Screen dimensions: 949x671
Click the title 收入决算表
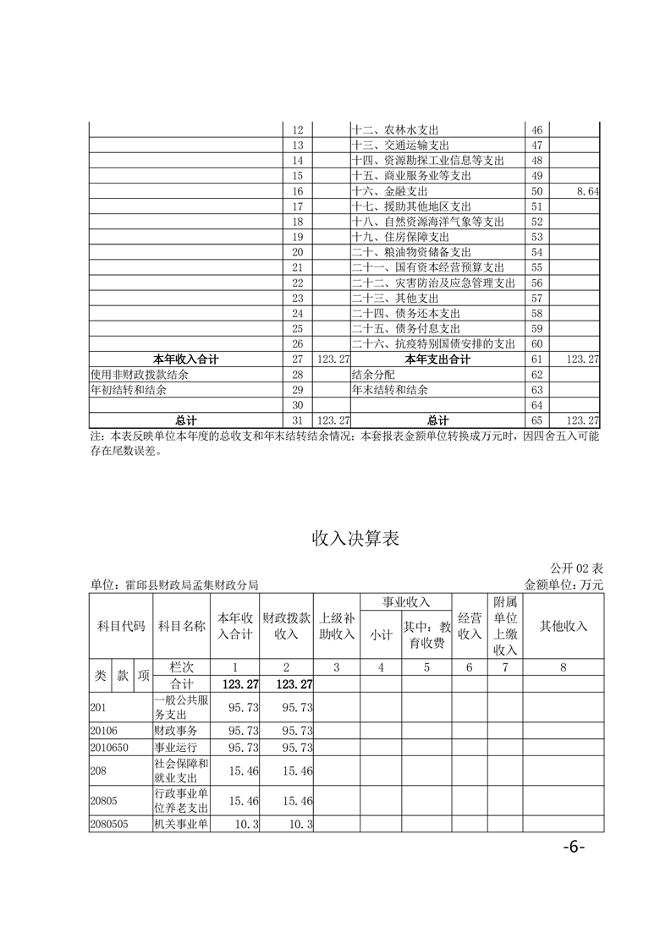[x=355, y=538]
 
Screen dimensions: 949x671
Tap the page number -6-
[x=572, y=848]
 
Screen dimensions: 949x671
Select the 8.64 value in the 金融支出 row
[x=586, y=192]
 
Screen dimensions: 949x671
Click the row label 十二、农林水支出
[x=394, y=130]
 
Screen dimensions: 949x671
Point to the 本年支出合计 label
[x=437, y=359]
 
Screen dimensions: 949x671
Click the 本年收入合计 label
[x=185, y=359]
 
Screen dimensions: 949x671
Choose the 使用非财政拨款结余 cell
[x=140, y=374]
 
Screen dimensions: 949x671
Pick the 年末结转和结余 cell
[x=390, y=390]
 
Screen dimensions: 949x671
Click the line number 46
[x=536, y=130]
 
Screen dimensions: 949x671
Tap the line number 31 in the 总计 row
[x=297, y=420]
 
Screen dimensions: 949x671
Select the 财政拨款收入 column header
[x=287, y=626]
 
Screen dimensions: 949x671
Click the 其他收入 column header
[x=563, y=626]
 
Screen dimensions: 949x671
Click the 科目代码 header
[x=120, y=626]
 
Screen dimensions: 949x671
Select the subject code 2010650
[x=109, y=747]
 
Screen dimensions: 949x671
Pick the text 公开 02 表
[x=576, y=567]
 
